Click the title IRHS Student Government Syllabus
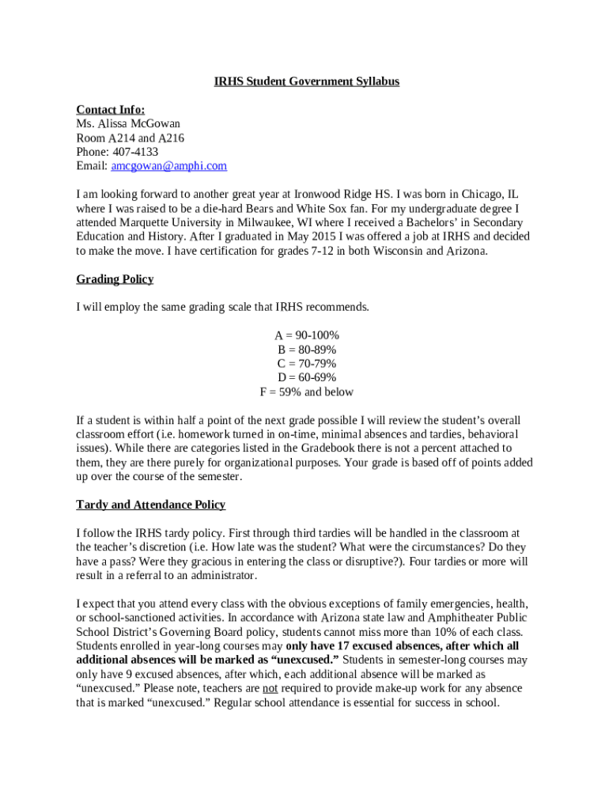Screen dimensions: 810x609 tap(307, 81)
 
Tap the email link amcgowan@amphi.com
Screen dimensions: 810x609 tap(168, 166)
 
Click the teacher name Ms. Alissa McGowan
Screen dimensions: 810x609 tap(128, 123)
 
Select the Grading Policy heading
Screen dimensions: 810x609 tap(115, 279)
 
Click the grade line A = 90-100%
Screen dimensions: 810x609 tap(307, 335)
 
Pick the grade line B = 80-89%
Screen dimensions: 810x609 tap(307, 350)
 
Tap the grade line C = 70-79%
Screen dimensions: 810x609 tap(307, 364)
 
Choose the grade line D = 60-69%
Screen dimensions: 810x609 tap(307, 378)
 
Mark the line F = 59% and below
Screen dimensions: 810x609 tap(307, 392)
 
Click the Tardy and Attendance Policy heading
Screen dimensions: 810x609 tap(150, 505)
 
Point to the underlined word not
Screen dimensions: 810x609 tap(270, 688)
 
